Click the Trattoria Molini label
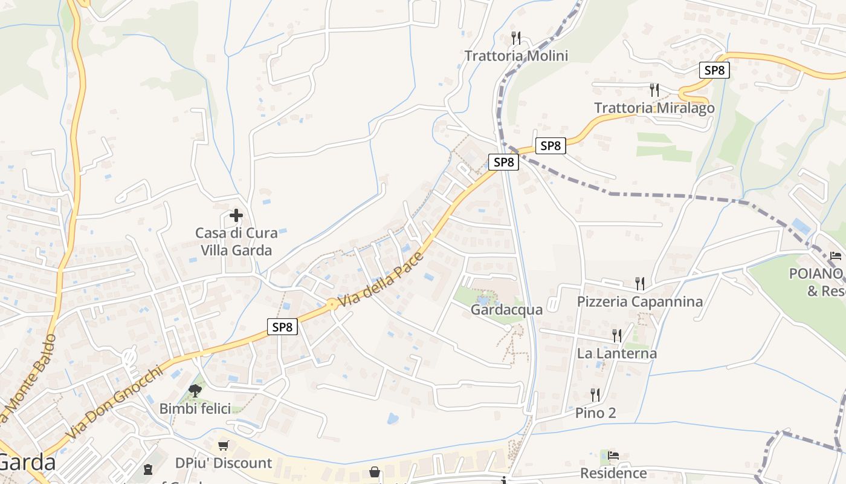516,56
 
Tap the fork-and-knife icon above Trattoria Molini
516,38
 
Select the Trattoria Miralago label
654,108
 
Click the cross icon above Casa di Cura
236,215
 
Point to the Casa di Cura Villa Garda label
236,241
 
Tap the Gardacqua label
506,310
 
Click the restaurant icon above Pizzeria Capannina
639,283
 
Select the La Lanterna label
616,353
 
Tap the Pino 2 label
595,413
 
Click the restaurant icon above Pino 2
595,395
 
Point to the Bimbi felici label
195,408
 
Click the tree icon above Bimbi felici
195,390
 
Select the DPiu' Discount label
224,463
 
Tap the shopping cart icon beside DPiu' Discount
224,446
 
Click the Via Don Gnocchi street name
115,402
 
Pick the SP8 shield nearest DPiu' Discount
282,327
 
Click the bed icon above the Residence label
613,456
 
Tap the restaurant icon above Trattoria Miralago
654,90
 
